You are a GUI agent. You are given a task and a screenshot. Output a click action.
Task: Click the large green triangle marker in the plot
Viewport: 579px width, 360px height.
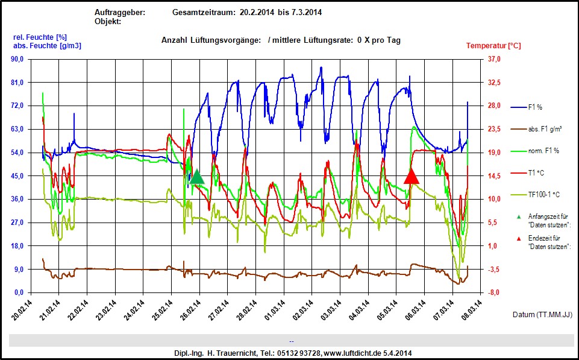pyautogui.click(x=197, y=177)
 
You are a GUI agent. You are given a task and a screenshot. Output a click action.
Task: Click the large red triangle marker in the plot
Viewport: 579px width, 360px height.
pyautogui.click(x=412, y=176)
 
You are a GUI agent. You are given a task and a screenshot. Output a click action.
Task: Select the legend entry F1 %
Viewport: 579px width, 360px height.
pyautogui.click(x=535, y=107)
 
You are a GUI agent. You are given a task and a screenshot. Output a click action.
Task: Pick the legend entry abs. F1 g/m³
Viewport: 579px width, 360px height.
pyautogui.click(x=545, y=129)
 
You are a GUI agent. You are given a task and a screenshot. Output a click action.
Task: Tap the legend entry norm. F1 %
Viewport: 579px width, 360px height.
pyautogui.click(x=543, y=151)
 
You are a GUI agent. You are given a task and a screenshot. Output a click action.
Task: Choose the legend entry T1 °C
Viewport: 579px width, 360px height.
pyautogui.click(x=536, y=172)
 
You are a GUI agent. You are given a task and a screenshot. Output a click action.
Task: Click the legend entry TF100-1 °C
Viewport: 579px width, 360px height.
pyautogui.click(x=543, y=195)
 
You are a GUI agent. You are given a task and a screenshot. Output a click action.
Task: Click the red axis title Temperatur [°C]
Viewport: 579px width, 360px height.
pyautogui.click(x=493, y=46)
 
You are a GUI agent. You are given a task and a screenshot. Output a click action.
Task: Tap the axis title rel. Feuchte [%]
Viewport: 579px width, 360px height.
pyautogui.click(x=40, y=37)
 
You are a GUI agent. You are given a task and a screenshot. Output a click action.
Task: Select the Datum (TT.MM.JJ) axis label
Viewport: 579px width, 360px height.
pyautogui.click(x=542, y=315)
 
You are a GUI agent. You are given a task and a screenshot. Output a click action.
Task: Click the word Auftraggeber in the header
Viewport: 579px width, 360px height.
pyautogui.click(x=120, y=13)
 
